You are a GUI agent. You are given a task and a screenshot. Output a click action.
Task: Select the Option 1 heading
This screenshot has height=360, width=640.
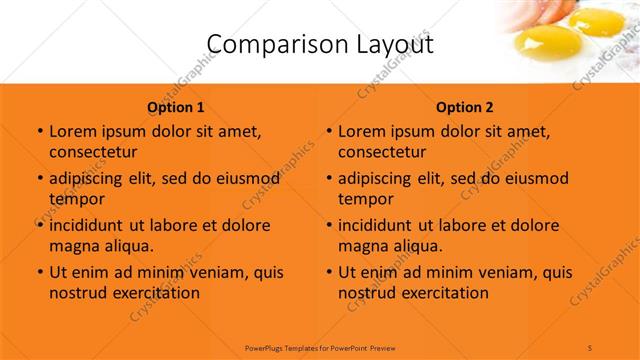[x=176, y=107]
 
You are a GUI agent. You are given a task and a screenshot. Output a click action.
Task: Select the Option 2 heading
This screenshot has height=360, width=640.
[x=465, y=107]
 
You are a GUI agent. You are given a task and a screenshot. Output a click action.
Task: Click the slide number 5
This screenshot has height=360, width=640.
[x=591, y=346]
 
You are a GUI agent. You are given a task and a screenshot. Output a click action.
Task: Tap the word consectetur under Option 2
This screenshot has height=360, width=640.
[x=382, y=152]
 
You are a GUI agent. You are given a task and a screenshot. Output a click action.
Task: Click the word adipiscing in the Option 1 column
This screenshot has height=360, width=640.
[x=90, y=179]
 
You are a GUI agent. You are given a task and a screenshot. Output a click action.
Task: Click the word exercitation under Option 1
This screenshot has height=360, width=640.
[x=153, y=293]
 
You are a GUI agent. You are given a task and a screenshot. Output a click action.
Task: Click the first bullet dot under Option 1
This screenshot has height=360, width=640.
[x=39, y=132]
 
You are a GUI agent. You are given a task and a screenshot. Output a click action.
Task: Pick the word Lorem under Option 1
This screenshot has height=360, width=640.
[x=71, y=131]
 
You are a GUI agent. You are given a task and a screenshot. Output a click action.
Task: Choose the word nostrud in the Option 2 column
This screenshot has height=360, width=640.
[x=365, y=293]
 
